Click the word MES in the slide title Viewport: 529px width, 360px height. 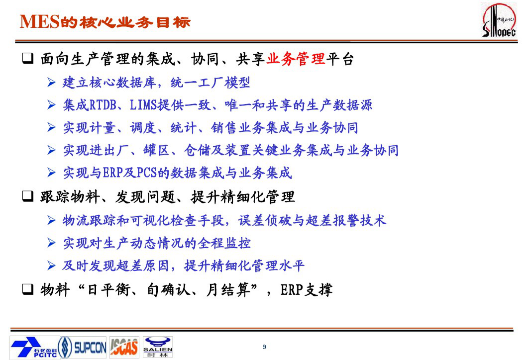point(39,22)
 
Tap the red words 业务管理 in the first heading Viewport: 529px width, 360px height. point(295,59)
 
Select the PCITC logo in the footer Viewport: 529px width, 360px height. point(33,348)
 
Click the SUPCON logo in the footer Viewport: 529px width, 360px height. point(83,348)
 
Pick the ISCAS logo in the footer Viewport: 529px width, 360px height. point(124,348)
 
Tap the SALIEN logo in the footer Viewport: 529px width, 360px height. point(158,347)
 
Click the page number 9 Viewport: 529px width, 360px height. point(264,347)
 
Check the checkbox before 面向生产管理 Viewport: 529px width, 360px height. point(28,58)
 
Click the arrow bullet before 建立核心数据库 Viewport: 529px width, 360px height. point(51,82)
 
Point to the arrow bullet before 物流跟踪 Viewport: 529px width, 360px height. point(51,220)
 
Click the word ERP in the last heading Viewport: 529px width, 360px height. point(292,290)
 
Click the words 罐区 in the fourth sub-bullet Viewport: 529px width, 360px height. point(156,150)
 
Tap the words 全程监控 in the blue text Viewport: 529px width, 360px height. point(224,243)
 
